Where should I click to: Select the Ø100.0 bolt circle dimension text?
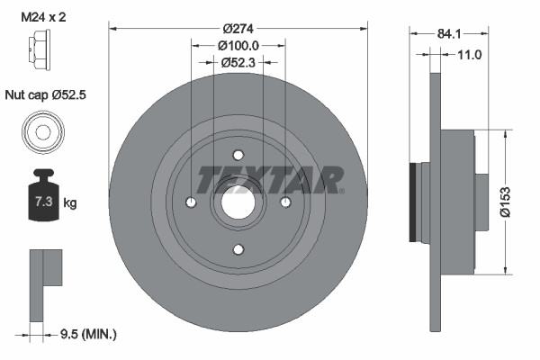point(238,45)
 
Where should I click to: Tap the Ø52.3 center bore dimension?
point(238,62)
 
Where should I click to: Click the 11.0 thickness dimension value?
point(470,54)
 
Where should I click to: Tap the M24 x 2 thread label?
point(43,14)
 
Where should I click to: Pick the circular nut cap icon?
point(40,131)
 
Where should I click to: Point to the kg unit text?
point(71,202)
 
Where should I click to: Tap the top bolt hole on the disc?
point(238,155)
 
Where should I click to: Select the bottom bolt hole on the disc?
point(238,249)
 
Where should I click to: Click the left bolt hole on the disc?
point(191,202)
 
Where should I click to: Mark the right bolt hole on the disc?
point(285,202)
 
